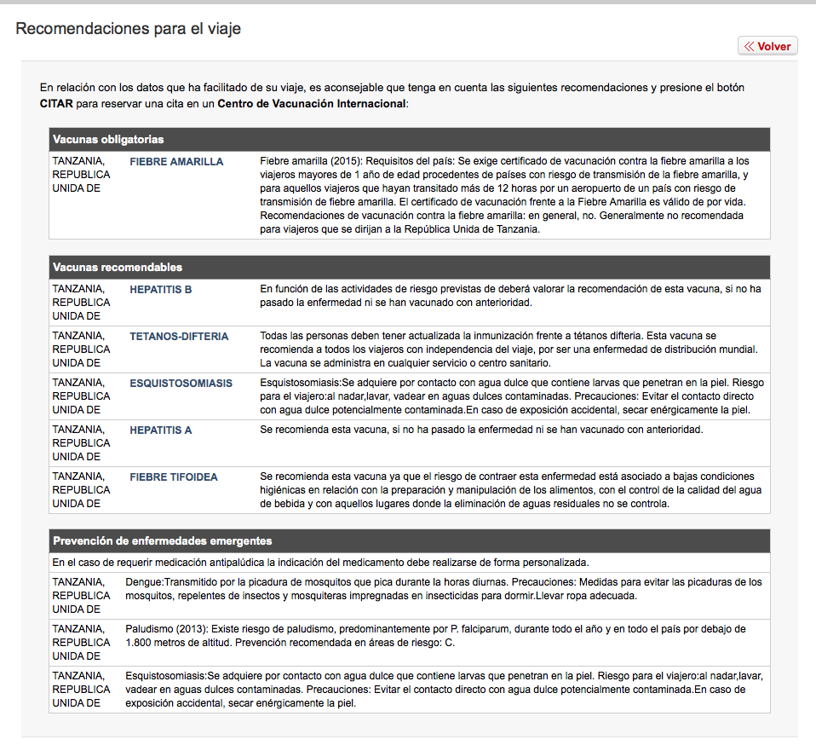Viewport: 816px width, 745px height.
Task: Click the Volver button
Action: (767, 46)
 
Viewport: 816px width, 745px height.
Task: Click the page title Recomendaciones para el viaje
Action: (129, 29)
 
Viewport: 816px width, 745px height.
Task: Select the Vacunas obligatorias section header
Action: (108, 139)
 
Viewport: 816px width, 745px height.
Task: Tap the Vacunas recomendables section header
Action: (118, 267)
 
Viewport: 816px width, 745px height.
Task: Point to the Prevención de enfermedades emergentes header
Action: (162, 540)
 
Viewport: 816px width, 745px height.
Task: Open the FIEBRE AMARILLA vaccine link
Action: (176, 161)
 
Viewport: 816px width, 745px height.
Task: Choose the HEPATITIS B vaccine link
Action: (161, 289)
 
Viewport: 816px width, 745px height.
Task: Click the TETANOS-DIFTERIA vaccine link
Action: (179, 336)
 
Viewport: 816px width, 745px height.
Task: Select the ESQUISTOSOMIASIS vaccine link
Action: (181, 383)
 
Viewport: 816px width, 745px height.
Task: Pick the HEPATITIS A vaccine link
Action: (161, 430)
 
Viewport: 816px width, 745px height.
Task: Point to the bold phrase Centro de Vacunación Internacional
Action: (312, 103)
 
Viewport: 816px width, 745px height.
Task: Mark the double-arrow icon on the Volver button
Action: (749, 46)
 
